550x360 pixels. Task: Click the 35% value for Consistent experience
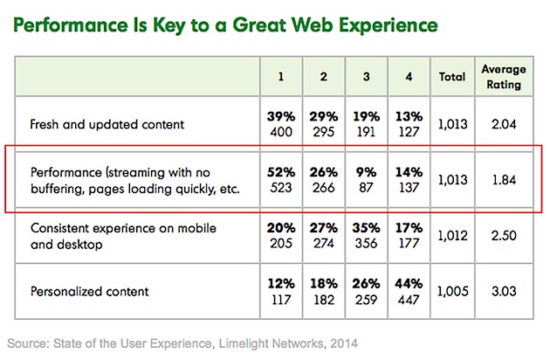coord(366,227)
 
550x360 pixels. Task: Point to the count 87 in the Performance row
coord(366,187)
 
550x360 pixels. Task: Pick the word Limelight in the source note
coord(230,336)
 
